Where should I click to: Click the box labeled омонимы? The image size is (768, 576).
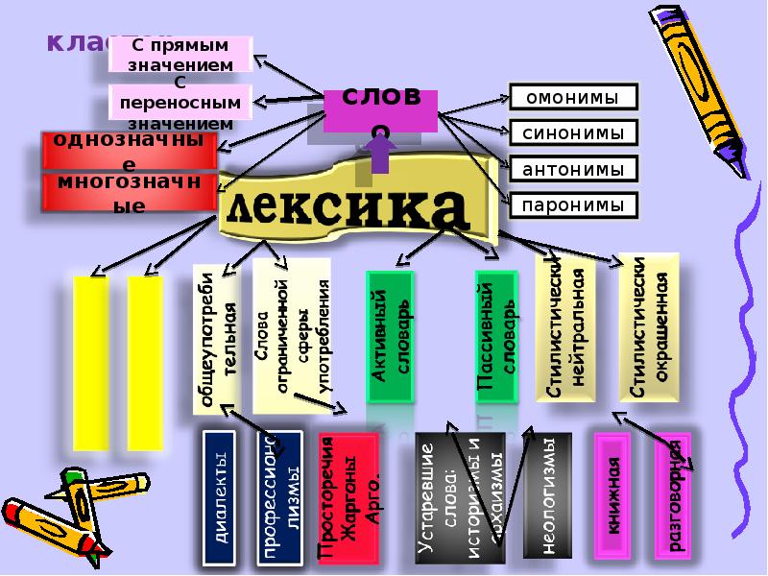click(x=572, y=97)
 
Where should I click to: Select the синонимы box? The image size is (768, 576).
click(x=572, y=133)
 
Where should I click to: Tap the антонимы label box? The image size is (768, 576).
click(x=572, y=170)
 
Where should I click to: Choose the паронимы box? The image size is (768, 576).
click(x=572, y=205)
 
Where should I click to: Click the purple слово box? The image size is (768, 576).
click(x=380, y=111)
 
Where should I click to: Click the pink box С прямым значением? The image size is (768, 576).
click(x=181, y=55)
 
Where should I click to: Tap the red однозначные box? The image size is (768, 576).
click(x=129, y=152)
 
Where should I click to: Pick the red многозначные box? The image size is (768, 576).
click(x=129, y=192)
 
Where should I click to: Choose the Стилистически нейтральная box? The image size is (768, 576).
click(x=565, y=326)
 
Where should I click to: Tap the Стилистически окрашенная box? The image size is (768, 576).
click(x=650, y=326)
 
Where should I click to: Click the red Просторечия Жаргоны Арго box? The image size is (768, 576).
click(x=348, y=497)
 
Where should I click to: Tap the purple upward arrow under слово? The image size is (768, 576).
click(x=379, y=154)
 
